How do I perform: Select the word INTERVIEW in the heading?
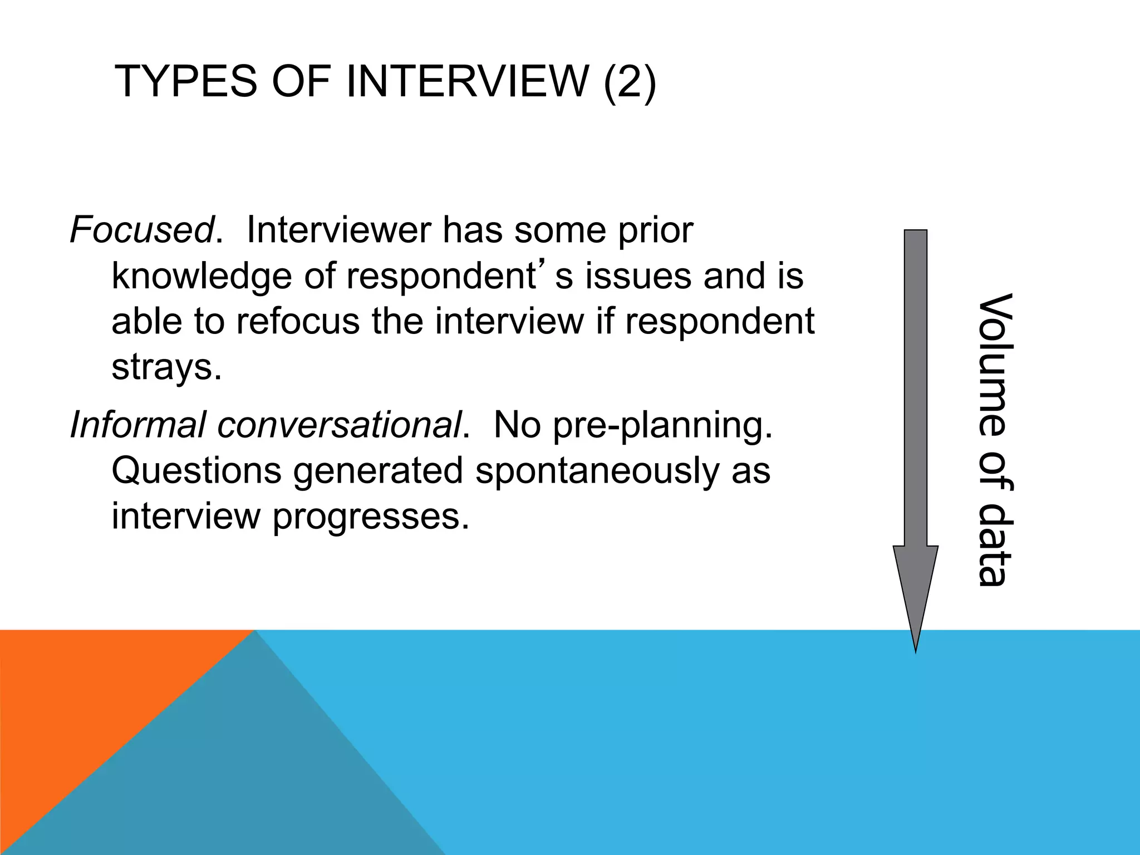point(468,82)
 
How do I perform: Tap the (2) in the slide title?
point(630,82)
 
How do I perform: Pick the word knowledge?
point(202,276)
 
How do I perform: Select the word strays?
point(166,367)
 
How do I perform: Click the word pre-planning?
point(662,425)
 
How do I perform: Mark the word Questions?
point(196,471)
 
